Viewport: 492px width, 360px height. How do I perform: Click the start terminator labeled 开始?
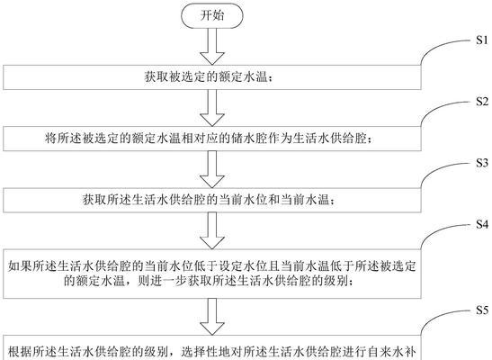click(211, 15)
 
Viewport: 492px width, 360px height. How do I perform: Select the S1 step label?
click(482, 40)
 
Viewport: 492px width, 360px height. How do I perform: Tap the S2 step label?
click(482, 102)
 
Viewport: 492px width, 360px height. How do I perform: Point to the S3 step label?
click(482, 163)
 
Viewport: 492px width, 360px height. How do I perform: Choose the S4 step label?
click(482, 224)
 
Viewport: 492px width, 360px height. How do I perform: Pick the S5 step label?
click(482, 310)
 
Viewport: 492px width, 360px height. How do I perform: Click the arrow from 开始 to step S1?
click(212, 47)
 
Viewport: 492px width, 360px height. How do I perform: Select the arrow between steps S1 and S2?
click(212, 108)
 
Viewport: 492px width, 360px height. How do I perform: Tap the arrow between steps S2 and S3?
click(212, 169)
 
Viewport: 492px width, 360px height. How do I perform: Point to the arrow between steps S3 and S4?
click(212, 230)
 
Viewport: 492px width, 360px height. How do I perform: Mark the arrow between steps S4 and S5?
click(212, 317)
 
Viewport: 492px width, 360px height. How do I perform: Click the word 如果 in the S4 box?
click(20, 266)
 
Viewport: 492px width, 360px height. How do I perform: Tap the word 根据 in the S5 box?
click(20, 352)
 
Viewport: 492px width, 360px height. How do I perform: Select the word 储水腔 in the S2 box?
click(248, 138)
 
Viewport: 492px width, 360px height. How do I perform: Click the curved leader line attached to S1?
click(437, 46)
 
